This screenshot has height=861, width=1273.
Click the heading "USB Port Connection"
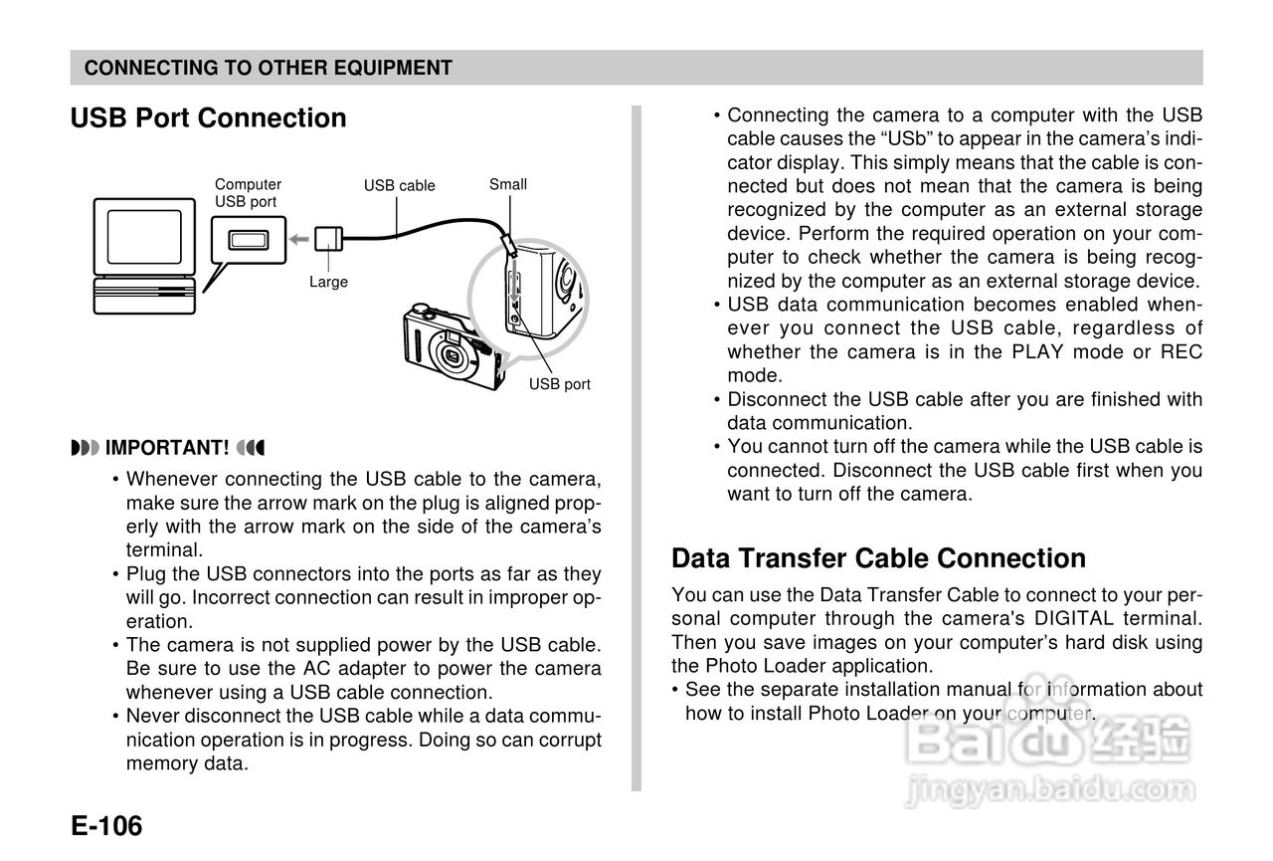click(x=208, y=118)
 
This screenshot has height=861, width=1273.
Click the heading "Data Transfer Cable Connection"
click(x=878, y=558)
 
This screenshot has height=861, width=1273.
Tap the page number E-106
click(x=106, y=826)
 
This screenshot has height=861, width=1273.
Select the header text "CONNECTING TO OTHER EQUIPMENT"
click(x=269, y=68)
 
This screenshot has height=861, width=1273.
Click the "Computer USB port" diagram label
click(x=248, y=193)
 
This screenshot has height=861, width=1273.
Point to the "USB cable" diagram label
click(x=399, y=186)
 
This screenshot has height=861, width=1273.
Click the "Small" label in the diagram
click(x=507, y=184)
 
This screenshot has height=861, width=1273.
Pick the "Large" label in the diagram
click(x=328, y=282)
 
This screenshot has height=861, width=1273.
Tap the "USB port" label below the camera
click(x=559, y=384)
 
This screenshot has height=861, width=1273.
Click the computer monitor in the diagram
click(x=145, y=237)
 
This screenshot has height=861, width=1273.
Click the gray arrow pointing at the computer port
click(x=295, y=239)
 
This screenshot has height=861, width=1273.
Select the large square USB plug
click(x=327, y=240)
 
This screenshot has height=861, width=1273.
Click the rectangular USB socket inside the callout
click(x=248, y=240)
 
